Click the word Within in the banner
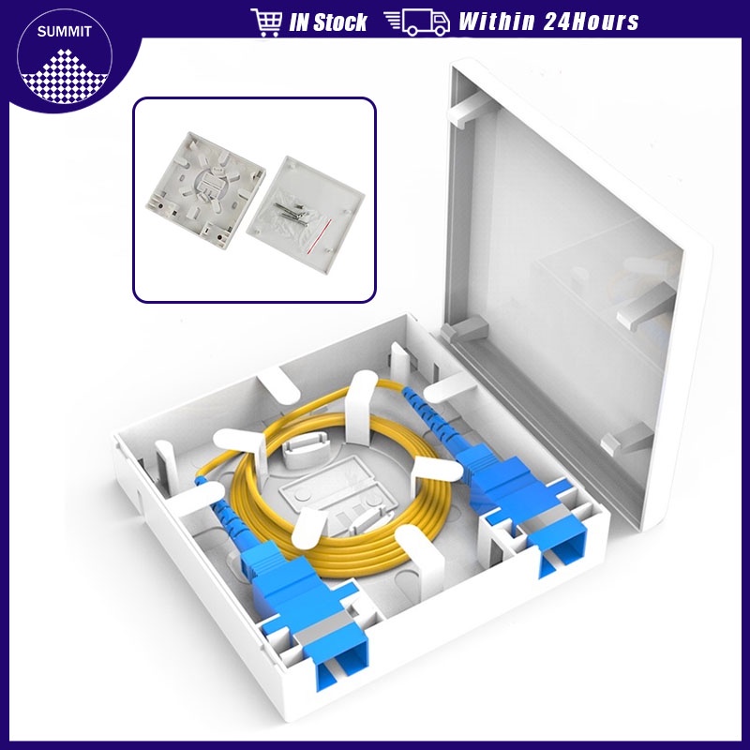coord(497,22)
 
